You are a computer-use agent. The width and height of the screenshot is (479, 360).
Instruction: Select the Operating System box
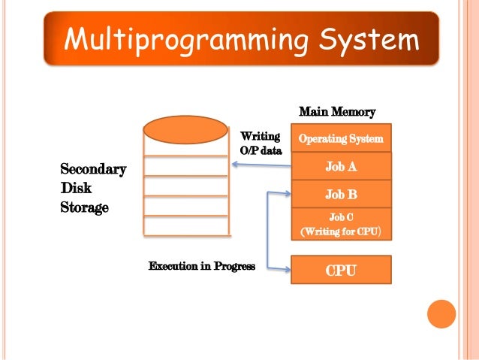[341, 138]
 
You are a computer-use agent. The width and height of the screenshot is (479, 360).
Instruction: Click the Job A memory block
[341, 166]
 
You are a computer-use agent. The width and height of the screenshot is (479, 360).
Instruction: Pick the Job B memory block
[341, 194]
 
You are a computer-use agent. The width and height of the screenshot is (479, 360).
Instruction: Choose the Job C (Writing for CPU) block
[341, 224]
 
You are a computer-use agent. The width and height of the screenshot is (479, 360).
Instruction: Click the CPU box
[341, 269]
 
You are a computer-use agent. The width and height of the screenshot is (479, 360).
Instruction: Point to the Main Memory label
[337, 112]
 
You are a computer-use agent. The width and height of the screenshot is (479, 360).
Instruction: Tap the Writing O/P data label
[261, 143]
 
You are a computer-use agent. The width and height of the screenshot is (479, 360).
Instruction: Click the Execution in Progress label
[202, 266]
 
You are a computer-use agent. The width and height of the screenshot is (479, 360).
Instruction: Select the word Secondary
[93, 170]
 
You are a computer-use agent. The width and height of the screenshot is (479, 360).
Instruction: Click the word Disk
[76, 188]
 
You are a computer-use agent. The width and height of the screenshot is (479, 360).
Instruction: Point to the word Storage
[85, 206]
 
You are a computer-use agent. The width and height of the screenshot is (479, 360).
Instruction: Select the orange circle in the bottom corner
[441, 314]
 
